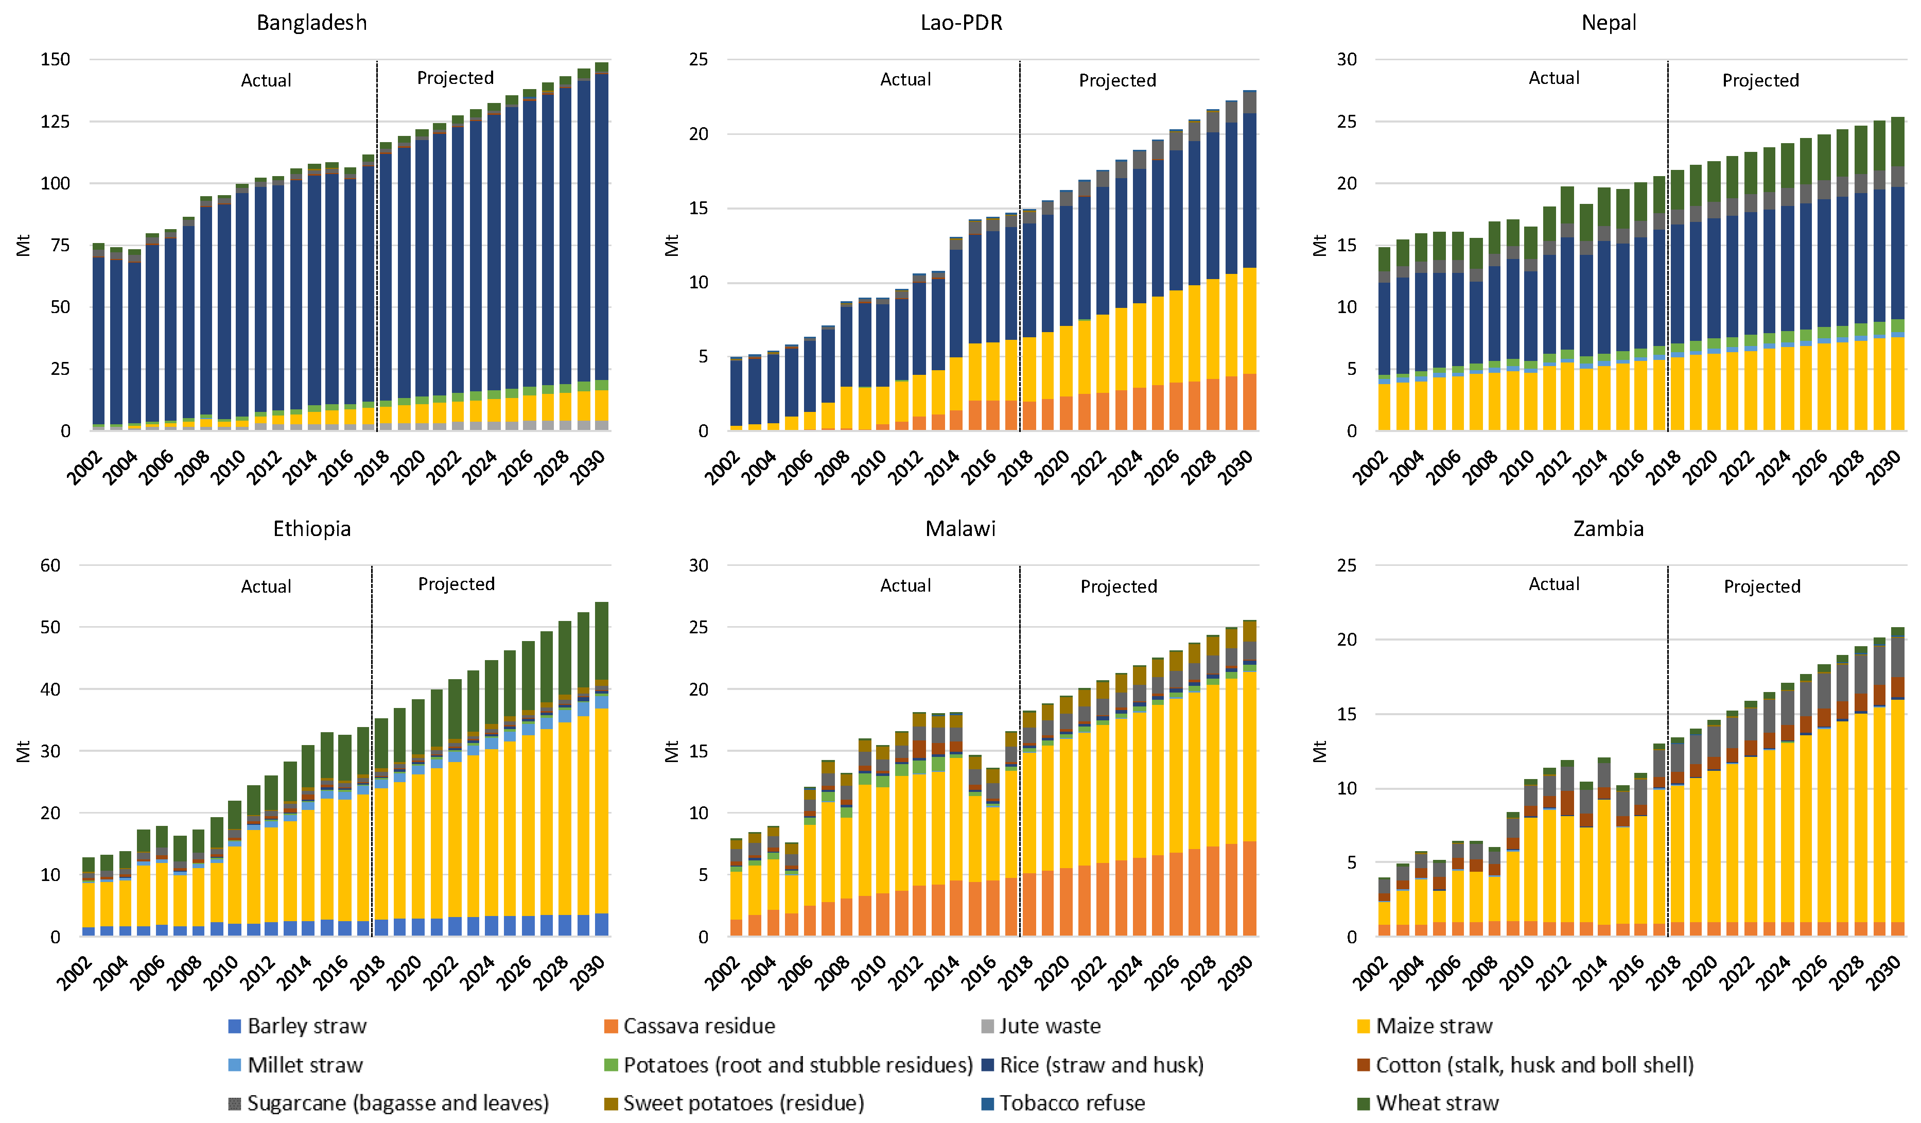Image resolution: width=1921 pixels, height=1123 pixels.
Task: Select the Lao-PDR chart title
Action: pos(960,22)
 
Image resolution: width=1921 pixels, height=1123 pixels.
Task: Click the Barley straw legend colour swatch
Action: pos(235,1026)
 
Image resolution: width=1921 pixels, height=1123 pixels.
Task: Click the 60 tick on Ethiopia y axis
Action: pos(50,565)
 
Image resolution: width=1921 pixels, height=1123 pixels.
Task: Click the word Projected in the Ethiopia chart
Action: pos(456,584)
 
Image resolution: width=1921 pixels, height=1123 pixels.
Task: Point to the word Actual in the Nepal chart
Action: pos(1553,78)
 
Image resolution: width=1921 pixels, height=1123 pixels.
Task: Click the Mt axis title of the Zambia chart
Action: pos(1320,751)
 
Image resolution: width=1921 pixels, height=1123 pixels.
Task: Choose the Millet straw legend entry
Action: pos(305,1064)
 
